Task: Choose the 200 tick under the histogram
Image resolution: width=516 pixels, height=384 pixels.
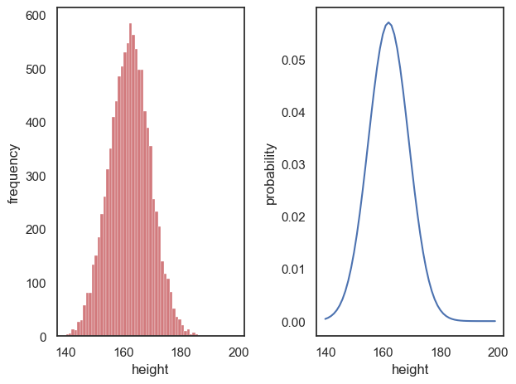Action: click(239, 351)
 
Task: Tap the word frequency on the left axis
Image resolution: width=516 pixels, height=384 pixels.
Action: click(14, 173)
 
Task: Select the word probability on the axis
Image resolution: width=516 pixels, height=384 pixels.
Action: click(271, 173)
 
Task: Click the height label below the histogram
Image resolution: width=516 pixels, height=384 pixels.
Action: click(150, 369)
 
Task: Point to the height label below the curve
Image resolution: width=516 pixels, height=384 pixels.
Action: click(410, 369)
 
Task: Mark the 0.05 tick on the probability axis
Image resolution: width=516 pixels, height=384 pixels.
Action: click(294, 61)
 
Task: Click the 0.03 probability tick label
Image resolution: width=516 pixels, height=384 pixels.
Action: click(294, 165)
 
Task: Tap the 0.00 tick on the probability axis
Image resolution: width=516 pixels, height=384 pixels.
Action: click(294, 322)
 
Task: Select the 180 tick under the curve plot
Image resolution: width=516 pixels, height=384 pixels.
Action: click(441, 351)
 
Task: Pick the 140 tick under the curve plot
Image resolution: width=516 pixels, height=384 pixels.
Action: click(326, 351)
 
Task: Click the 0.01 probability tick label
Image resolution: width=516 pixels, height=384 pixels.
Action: click(294, 270)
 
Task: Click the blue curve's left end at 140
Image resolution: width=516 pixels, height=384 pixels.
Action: click(326, 318)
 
